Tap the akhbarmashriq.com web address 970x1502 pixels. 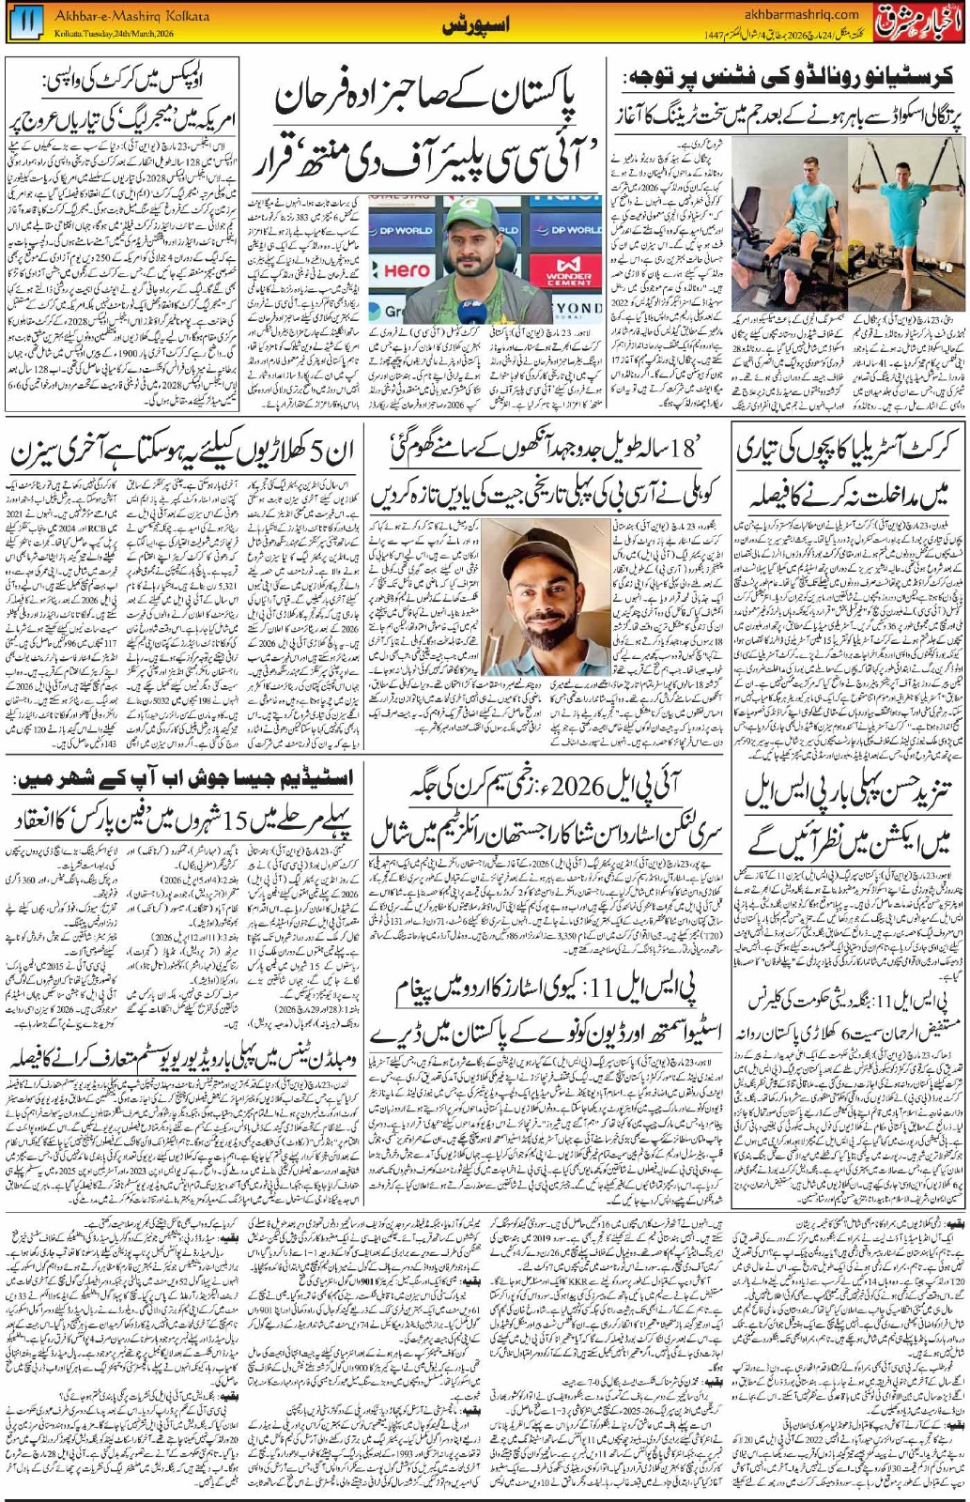pos(799,14)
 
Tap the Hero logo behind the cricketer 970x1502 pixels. pos(407,270)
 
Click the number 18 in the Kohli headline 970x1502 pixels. pos(683,450)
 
